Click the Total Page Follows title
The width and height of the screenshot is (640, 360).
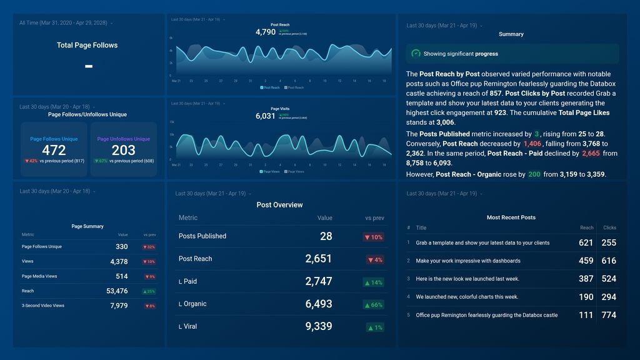tap(87, 45)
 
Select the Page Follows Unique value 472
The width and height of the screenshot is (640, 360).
tap(54, 150)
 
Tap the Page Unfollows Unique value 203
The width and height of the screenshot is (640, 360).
tap(124, 150)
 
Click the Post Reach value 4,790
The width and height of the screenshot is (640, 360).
tap(265, 32)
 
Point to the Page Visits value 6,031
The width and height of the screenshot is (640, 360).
tap(265, 116)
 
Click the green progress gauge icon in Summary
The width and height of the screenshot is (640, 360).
tap(416, 54)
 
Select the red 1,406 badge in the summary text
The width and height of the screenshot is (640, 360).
tap(532, 144)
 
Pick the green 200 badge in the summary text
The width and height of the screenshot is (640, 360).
tap(534, 174)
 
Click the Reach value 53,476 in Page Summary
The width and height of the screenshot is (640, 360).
tap(117, 291)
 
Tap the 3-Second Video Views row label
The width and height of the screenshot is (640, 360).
tap(43, 306)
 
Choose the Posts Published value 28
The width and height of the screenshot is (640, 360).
tap(326, 236)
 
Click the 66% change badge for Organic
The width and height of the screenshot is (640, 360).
tap(373, 304)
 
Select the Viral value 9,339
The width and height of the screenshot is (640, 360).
tap(319, 326)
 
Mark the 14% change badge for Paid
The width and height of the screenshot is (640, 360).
tap(373, 282)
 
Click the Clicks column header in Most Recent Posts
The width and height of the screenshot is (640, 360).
tap(609, 228)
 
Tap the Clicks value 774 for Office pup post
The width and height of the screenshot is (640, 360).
tap(609, 315)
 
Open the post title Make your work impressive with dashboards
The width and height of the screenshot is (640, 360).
tap(468, 261)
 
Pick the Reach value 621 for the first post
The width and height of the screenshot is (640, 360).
tap(586, 242)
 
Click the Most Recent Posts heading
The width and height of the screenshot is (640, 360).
tap(511, 217)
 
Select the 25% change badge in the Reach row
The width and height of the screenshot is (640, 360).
tap(149, 291)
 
